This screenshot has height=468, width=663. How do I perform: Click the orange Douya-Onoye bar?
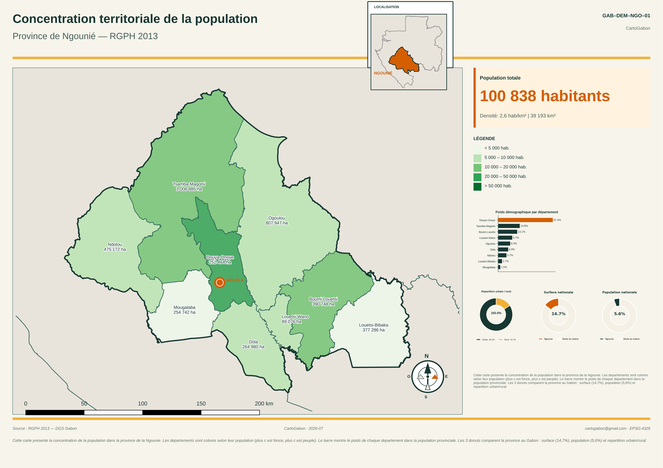click(525, 220)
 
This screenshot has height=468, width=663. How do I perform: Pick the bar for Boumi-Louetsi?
click(508, 232)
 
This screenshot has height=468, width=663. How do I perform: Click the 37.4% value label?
click(557, 220)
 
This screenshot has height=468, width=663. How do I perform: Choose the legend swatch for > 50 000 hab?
click(477, 187)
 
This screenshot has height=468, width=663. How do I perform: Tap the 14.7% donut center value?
click(558, 314)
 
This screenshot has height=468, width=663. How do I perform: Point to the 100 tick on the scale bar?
click(142, 403)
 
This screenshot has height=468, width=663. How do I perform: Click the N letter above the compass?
click(427, 356)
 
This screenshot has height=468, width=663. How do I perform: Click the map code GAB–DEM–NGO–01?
click(626, 16)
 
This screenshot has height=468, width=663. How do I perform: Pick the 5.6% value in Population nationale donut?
click(619, 314)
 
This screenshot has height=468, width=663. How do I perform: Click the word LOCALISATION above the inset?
click(386, 7)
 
